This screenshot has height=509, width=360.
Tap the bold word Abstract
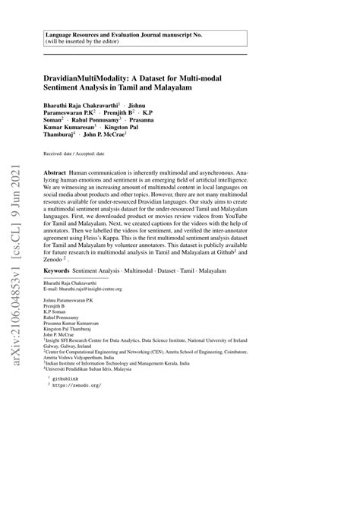[x=56, y=173]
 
